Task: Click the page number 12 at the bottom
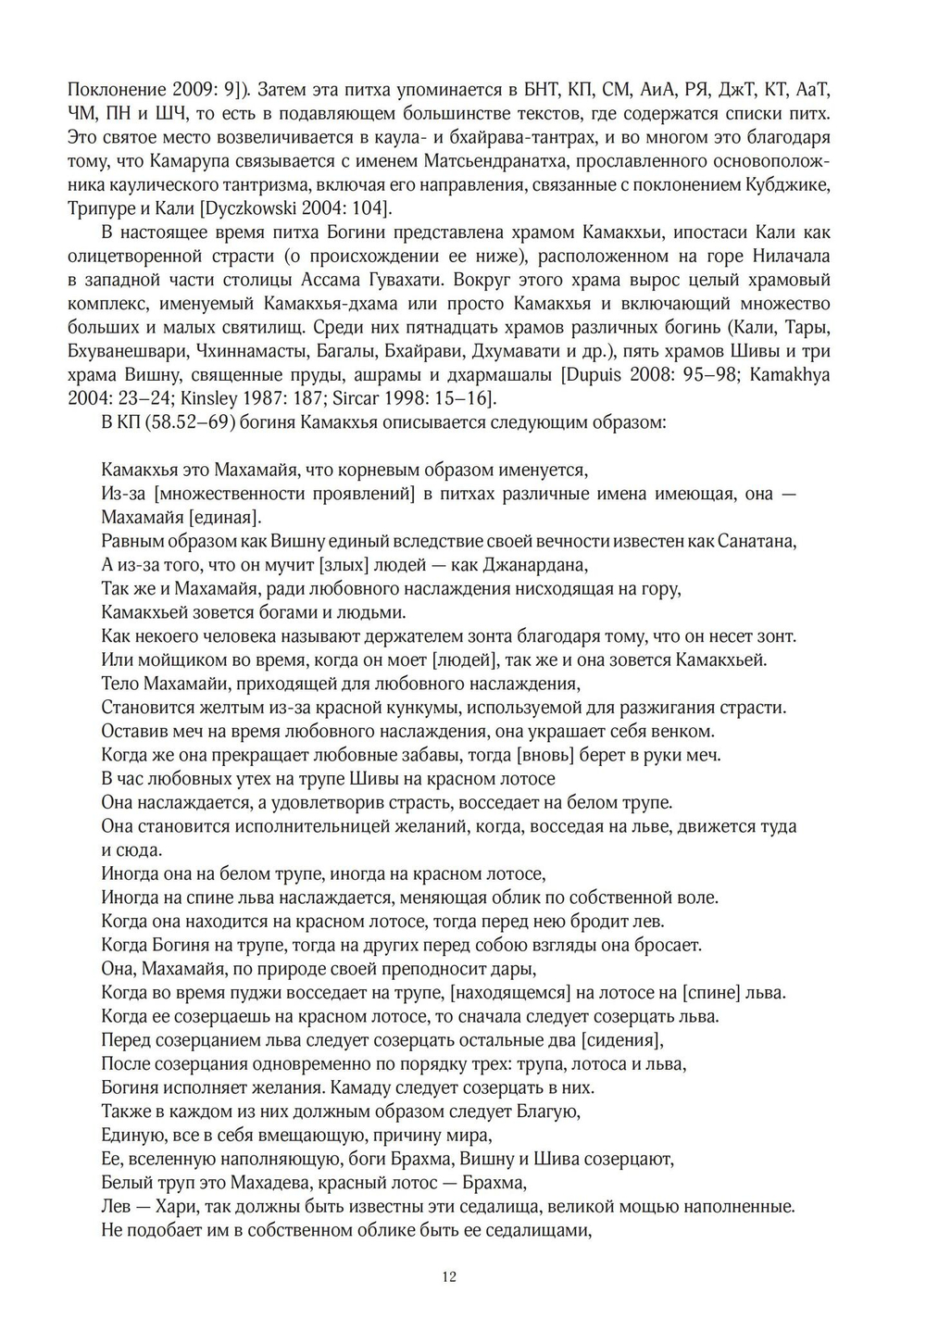coord(449,1277)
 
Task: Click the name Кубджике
coord(787,183)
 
